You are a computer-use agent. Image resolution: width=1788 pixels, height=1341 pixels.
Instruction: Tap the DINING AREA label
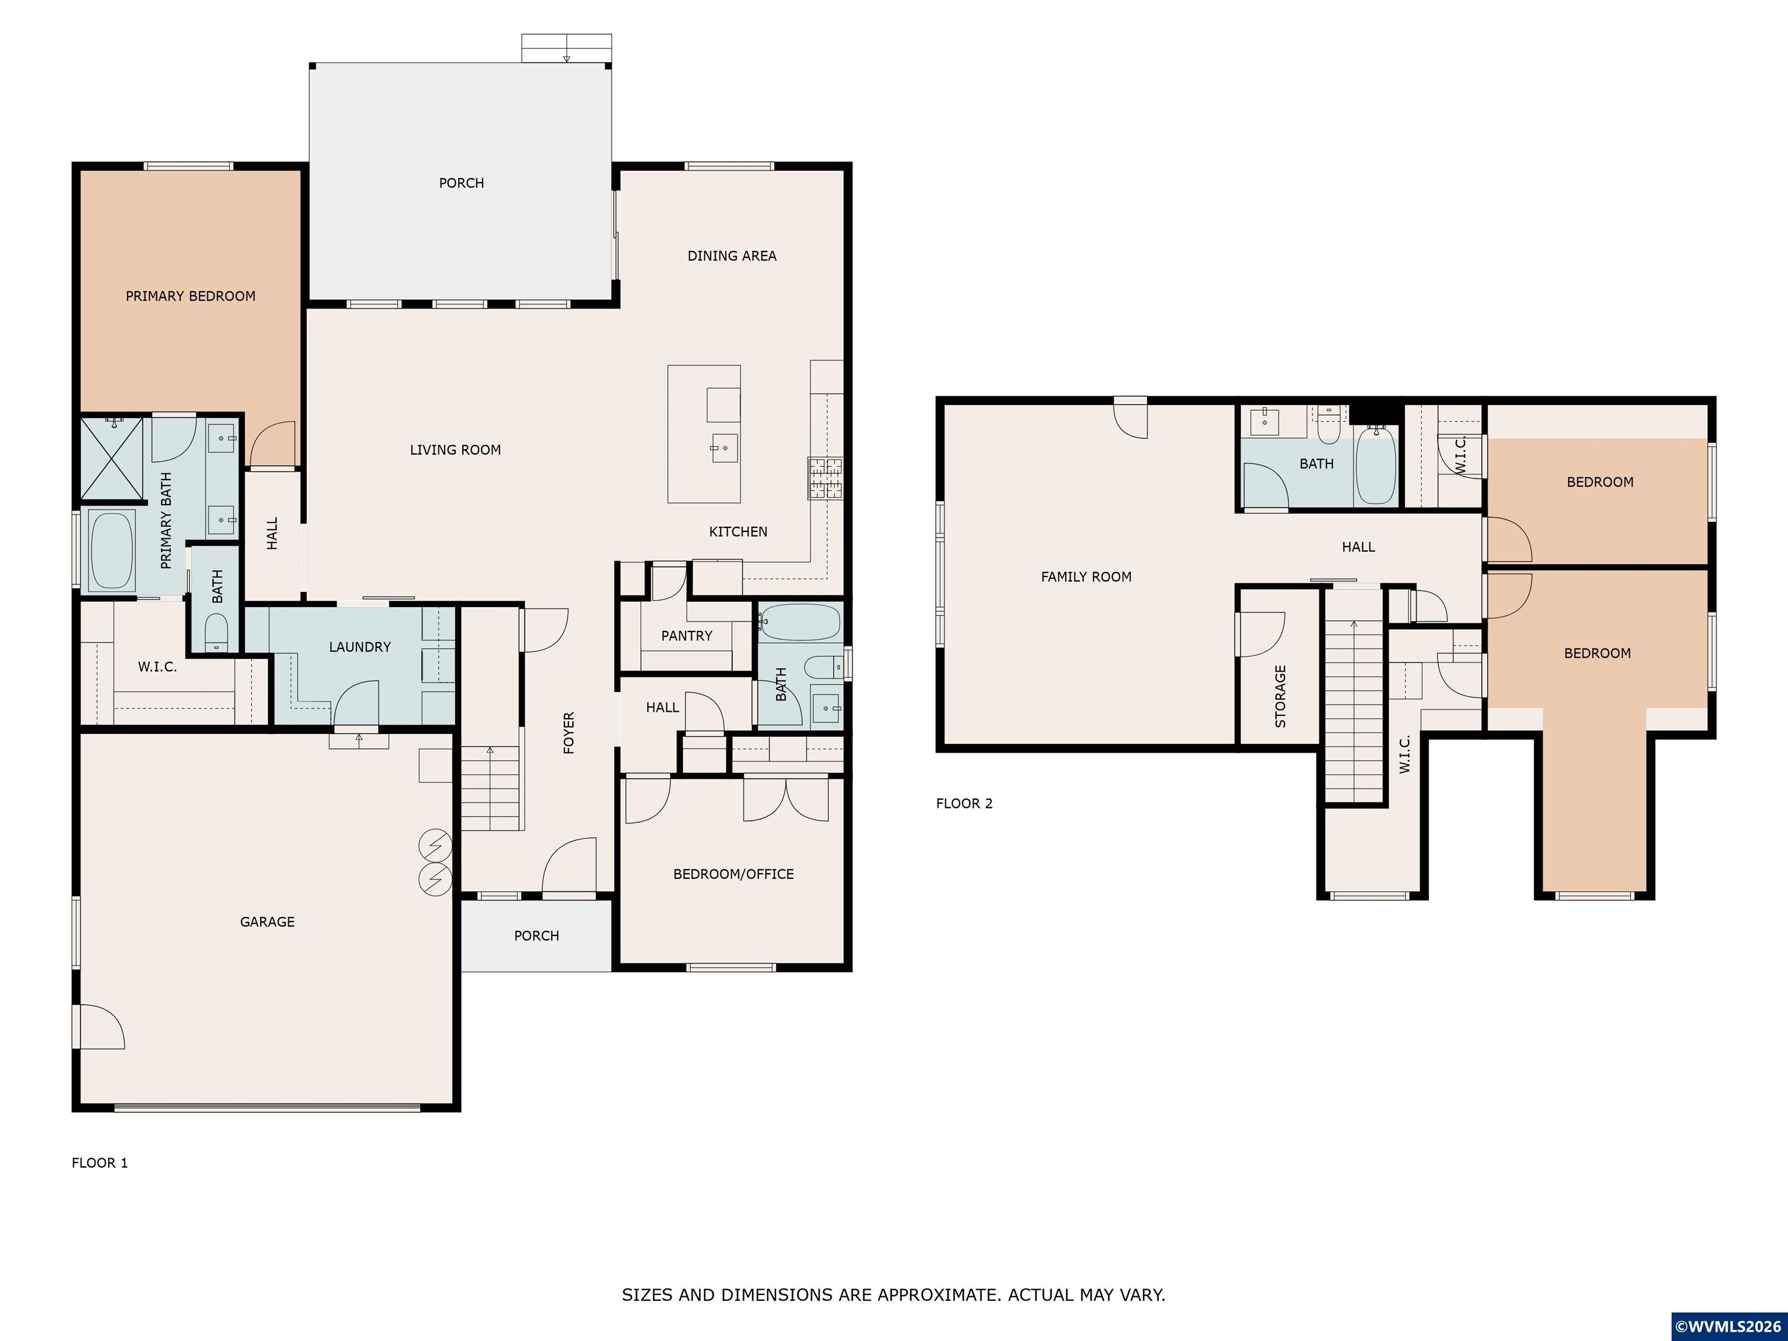[732, 256]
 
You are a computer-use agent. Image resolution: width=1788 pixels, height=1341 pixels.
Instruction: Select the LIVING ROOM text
[455, 449]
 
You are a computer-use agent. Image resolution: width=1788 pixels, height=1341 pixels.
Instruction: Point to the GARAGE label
[267, 921]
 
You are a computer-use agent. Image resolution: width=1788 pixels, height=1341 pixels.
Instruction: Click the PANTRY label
[686, 636]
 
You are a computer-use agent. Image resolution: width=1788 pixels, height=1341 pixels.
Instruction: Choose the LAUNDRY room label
[360, 647]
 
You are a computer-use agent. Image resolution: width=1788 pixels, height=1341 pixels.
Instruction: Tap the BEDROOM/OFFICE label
[733, 874]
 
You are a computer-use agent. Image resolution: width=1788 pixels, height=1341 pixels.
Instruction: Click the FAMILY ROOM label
[1085, 576]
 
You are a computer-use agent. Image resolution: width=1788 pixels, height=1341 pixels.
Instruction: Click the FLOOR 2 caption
[963, 803]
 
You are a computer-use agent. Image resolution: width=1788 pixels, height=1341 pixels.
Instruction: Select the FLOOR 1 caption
[100, 1162]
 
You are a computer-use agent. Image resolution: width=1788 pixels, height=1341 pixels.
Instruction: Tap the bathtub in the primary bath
[112, 551]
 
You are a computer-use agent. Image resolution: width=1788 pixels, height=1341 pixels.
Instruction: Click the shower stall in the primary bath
[112, 457]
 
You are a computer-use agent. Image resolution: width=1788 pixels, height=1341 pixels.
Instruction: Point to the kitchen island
[703, 434]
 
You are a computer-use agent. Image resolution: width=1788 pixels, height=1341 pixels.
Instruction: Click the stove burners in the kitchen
[825, 478]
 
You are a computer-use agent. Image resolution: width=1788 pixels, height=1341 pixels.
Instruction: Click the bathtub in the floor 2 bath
[1375, 466]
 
